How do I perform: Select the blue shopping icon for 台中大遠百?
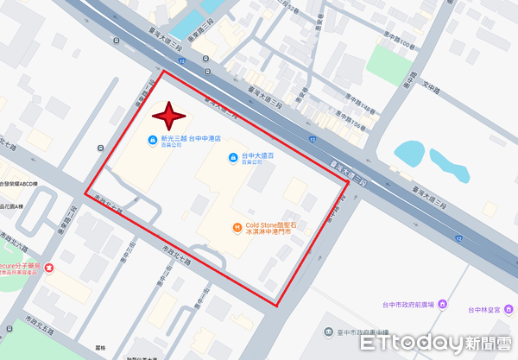(x=231, y=156)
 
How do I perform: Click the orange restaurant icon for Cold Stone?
(x=237, y=228)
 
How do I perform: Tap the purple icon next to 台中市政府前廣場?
(x=443, y=304)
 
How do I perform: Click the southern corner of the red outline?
(x=278, y=304)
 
